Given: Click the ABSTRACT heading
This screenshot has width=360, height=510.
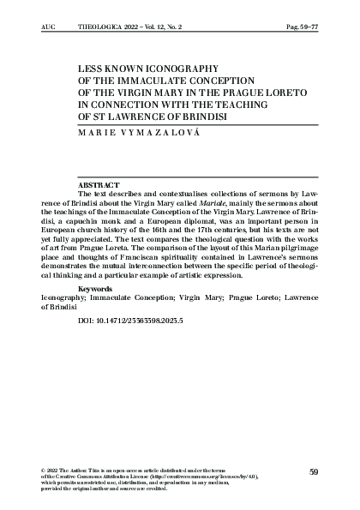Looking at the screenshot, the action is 98,185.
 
